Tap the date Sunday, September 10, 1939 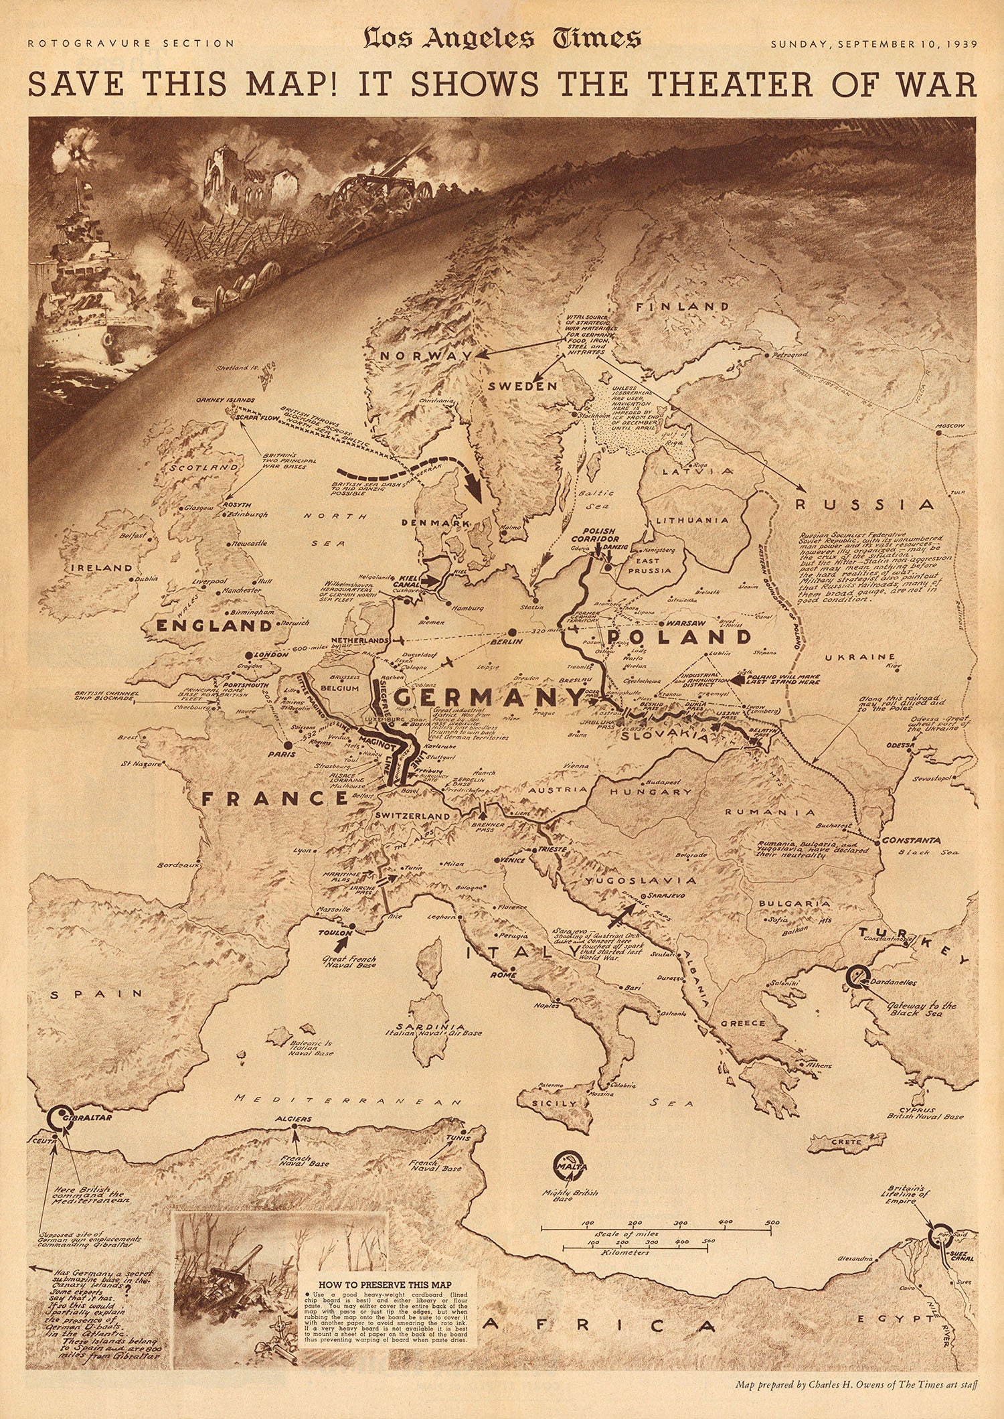[873, 44]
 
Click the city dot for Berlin [511, 631]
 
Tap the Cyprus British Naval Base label [924, 1112]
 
